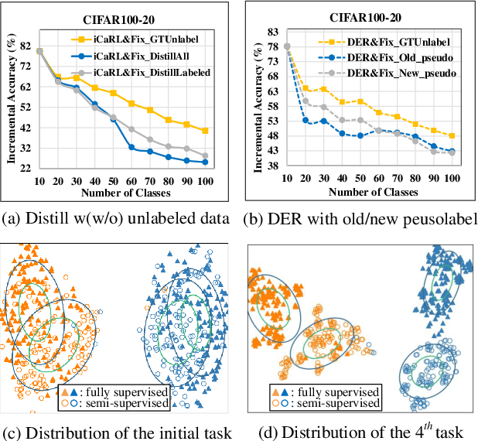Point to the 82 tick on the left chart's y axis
(x=26, y=46)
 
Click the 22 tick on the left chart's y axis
(x=26, y=168)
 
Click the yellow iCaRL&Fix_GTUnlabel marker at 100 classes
(x=205, y=131)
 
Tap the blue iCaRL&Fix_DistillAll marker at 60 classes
(x=131, y=147)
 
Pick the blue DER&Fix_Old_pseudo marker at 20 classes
(x=306, y=119)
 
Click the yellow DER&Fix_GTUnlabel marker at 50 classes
(x=360, y=101)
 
